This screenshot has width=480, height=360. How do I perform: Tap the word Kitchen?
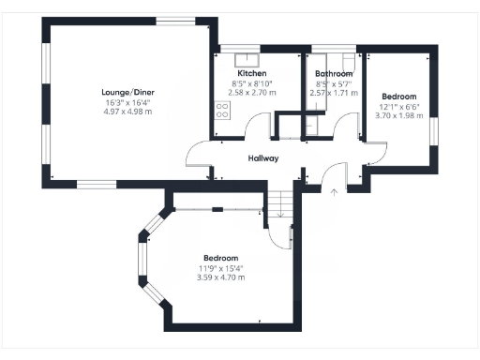tap(251, 73)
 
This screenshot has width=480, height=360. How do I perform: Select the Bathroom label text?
tap(334, 73)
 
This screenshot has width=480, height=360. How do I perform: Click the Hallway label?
tap(262, 158)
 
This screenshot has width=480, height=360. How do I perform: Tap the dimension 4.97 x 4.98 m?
tap(127, 112)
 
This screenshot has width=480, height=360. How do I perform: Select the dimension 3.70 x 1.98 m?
tap(399, 116)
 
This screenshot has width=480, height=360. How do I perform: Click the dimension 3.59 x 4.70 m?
tap(221, 277)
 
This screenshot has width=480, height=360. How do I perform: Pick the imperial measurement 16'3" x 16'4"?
tap(127, 102)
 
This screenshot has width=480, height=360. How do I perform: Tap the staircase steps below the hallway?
tap(279, 201)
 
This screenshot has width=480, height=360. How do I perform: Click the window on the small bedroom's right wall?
tap(434, 130)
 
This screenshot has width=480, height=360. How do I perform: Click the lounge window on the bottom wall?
tap(96, 185)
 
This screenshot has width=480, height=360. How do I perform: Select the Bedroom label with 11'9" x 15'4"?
tap(221, 258)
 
